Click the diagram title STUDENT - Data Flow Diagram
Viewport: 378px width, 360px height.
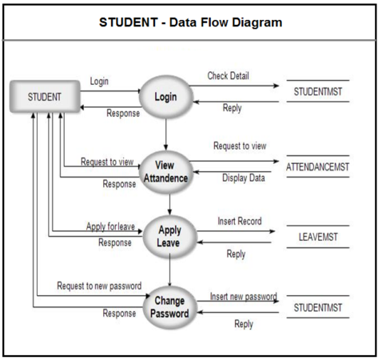point(189,22)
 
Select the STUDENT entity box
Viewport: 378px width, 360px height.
point(45,97)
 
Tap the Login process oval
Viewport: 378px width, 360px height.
point(166,97)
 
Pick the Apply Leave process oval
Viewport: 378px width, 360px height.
point(169,236)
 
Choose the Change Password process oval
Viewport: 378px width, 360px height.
point(169,306)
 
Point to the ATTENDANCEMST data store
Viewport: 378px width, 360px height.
point(317,166)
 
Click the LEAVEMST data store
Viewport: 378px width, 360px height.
point(318,236)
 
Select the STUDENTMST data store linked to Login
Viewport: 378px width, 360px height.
point(317,93)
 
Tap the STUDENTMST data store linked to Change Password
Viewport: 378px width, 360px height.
point(317,306)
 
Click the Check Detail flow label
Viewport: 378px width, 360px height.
point(229,76)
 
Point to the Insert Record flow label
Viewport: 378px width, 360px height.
point(239,220)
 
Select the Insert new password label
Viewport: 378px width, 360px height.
point(243,295)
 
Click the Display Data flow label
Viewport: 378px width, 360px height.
point(243,178)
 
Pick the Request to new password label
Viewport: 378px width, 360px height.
point(99,286)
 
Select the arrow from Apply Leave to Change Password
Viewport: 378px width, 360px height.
point(169,273)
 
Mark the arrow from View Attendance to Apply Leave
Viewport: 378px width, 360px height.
point(168,202)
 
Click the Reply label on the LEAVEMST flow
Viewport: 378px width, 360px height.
point(236,254)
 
